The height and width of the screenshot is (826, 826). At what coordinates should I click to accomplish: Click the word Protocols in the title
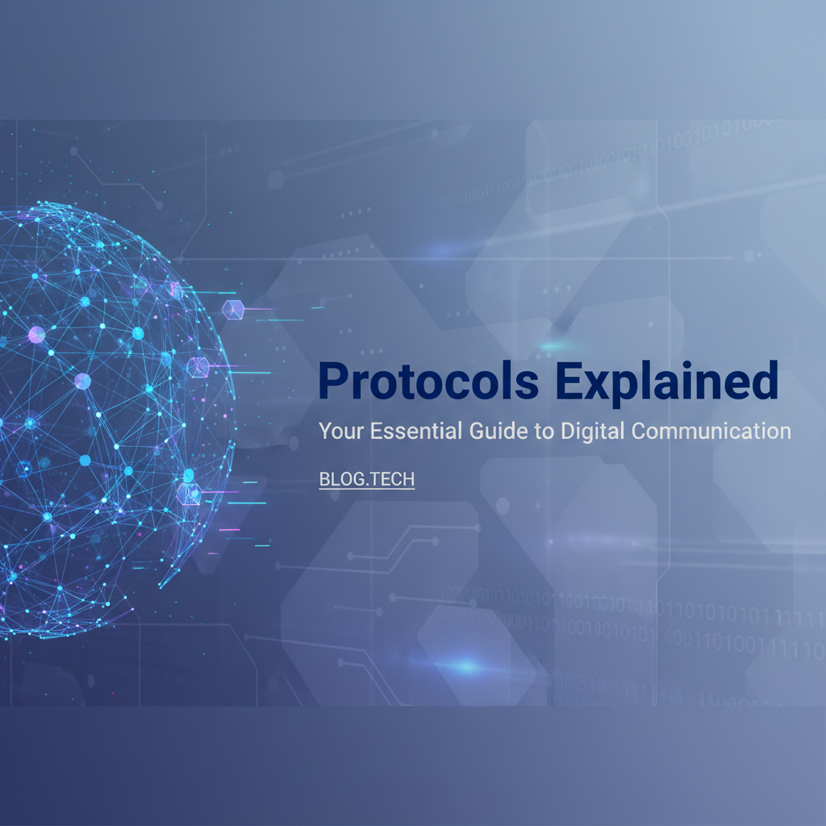[x=428, y=382]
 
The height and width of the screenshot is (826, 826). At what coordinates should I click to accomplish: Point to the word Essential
[x=416, y=430]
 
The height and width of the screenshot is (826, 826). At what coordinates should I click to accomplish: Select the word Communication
[x=712, y=430]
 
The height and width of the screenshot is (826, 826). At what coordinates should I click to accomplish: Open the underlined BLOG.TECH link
[x=367, y=479]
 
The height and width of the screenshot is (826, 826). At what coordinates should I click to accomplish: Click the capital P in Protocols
[x=332, y=382]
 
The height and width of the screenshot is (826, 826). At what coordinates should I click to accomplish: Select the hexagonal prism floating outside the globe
[x=232, y=309]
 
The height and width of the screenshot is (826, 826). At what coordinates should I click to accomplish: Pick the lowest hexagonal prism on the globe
[x=188, y=493]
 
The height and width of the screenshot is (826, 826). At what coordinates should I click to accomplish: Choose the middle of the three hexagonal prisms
[x=198, y=367]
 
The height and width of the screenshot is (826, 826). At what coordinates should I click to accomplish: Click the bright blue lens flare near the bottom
[x=466, y=666]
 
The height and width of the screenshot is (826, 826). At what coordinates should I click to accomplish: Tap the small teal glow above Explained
[x=554, y=346]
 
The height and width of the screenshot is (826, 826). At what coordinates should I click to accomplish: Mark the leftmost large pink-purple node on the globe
[x=36, y=334]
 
